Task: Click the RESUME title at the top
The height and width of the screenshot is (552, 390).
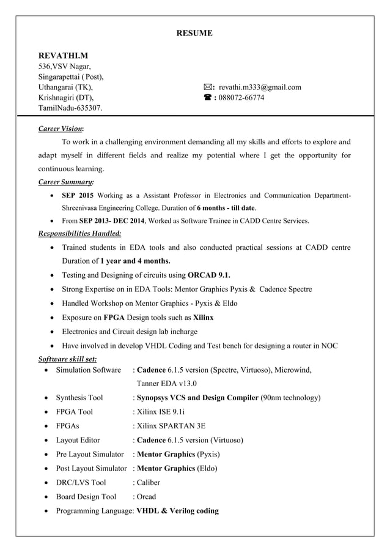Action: [194, 33]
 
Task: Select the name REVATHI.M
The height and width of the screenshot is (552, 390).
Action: [64, 56]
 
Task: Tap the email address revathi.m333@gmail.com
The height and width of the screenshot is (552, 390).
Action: [260, 88]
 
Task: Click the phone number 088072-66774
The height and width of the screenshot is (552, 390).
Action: [241, 98]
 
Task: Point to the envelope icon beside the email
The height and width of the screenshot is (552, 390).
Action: [208, 88]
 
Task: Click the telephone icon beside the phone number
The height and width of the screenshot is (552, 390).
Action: [208, 98]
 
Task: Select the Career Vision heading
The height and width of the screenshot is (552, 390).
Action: [61, 129]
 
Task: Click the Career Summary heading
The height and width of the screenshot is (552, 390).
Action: [66, 182]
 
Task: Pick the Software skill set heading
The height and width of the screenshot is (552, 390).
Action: [67, 359]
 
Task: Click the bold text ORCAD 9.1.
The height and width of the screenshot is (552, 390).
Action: [209, 274]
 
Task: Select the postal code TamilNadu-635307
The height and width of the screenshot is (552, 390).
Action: [70, 108]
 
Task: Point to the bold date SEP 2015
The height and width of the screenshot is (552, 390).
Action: [78, 195]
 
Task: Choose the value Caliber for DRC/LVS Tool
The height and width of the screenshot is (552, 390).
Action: [147, 482]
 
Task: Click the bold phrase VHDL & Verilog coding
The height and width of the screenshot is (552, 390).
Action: [177, 510]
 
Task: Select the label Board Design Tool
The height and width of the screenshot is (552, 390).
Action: [86, 496]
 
